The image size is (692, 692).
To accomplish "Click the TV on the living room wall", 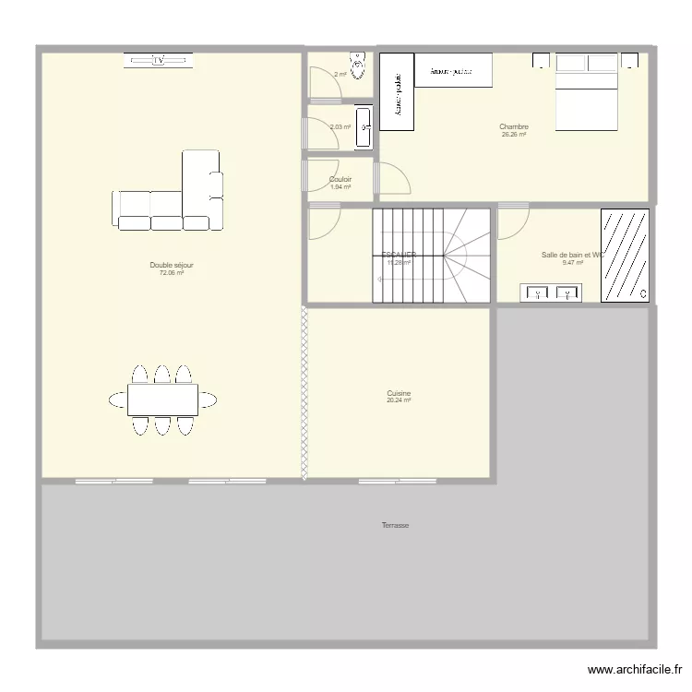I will (160, 60).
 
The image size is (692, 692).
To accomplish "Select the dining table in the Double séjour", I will (162, 400).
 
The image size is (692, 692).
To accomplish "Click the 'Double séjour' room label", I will (172, 265).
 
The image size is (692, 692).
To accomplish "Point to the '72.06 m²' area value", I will (172, 273).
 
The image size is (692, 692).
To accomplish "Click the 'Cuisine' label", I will (399, 393).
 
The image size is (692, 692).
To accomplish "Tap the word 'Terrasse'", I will (395, 525).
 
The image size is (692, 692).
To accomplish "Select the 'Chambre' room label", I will (514, 126).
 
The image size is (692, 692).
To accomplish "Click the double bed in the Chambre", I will (586, 93).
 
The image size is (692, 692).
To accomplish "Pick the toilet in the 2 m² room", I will (359, 68).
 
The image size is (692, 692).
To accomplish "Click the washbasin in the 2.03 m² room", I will (364, 126).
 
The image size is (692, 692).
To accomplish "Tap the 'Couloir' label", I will (340, 179).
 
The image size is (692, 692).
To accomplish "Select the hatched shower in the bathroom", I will (625, 255).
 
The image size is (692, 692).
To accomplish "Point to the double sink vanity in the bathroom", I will (551, 293).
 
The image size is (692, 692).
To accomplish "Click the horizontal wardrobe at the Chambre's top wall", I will (453, 69).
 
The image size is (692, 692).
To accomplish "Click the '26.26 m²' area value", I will (514, 135).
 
